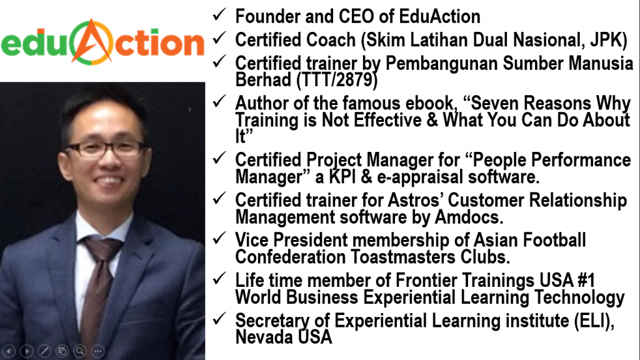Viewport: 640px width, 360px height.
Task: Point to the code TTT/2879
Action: tap(337, 79)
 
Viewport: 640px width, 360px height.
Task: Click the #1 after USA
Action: tap(586, 281)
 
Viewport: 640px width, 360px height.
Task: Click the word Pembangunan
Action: tap(441, 64)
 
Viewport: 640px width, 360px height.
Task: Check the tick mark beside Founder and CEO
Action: tap(219, 14)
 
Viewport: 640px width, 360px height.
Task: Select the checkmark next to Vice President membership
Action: tap(219, 238)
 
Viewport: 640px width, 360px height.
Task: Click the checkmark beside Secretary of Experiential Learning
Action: tap(219, 318)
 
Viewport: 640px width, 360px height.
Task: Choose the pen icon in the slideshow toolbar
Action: tap(44, 351)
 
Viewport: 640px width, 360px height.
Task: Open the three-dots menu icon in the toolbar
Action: tap(97, 351)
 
